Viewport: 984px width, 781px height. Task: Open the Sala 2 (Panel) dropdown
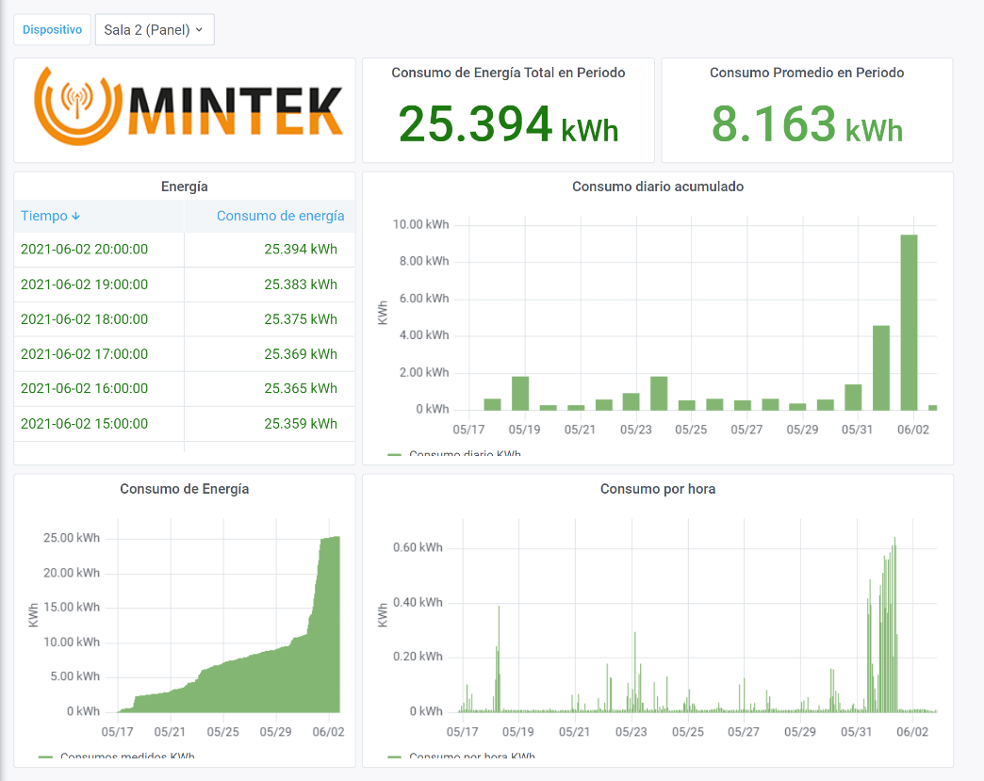tap(155, 29)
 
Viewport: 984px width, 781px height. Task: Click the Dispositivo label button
tap(52, 29)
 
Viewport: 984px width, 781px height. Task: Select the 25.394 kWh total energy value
tap(508, 125)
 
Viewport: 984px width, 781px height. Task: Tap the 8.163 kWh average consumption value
tap(807, 125)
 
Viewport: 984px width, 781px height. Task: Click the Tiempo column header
tap(50, 216)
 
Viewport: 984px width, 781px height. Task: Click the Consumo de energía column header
tap(280, 216)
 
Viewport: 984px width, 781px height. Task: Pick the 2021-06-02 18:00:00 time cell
tap(84, 319)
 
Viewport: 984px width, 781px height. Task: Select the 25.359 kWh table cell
tap(300, 424)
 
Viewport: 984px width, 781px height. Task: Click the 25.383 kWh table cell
tap(300, 285)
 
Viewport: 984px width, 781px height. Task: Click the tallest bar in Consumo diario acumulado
tap(909, 322)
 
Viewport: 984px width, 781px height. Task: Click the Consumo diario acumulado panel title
tap(657, 187)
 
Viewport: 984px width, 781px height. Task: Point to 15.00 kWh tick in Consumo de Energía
tap(73, 608)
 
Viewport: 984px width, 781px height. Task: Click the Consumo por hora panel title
tap(657, 489)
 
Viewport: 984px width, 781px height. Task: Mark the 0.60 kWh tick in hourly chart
tap(418, 548)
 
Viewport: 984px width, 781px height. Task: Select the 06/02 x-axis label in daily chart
tap(913, 430)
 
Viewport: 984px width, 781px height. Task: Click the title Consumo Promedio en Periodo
tap(806, 73)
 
